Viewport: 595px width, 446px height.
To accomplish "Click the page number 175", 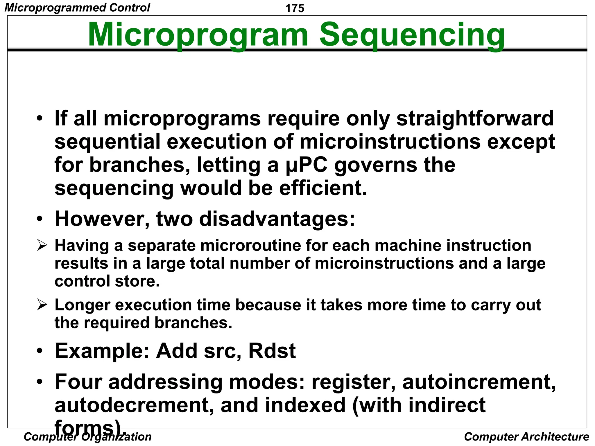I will tap(295, 8).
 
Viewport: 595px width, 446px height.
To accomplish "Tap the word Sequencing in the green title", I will tap(412, 35).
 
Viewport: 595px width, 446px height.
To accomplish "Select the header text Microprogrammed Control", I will tap(77, 8).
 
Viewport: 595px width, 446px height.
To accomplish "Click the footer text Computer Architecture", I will tap(526, 436).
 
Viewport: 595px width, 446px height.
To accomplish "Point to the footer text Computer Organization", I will tap(87, 436).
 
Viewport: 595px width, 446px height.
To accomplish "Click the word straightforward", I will tap(475, 118).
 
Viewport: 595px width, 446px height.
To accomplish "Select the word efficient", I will tap(323, 188).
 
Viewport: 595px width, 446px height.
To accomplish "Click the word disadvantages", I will tap(277, 219).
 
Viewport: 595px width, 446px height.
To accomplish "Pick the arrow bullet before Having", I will tap(42, 246).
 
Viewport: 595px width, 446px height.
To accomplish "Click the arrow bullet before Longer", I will tap(42, 305).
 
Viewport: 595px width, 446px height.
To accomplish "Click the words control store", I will tap(107, 281).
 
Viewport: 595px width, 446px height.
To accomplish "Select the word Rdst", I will tap(272, 351).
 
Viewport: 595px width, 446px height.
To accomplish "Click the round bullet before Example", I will tap(40, 351).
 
